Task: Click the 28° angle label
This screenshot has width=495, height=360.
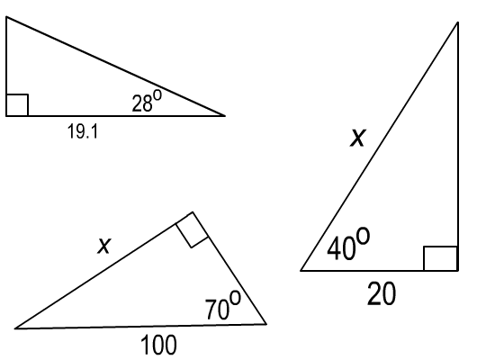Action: click(x=147, y=101)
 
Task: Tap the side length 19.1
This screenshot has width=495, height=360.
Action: click(x=83, y=131)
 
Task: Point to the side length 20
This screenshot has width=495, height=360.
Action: click(x=382, y=293)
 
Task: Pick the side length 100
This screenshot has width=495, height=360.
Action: click(x=158, y=346)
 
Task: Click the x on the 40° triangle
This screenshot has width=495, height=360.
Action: click(x=357, y=138)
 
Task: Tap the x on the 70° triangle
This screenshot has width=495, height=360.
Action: click(x=104, y=246)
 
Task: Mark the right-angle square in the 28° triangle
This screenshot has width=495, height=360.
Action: click(x=17, y=104)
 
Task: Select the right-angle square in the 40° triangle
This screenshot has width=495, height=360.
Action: click(x=441, y=258)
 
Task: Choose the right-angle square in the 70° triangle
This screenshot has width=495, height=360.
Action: click(x=192, y=229)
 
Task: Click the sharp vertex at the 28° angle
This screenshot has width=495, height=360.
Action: click(x=225, y=116)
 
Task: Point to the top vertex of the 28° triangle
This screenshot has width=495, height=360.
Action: click(x=6, y=17)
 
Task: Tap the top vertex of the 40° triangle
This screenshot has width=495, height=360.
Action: click(x=458, y=22)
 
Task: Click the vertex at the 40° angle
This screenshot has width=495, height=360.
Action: click(x=301, y=271)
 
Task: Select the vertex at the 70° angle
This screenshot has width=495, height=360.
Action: click(x=266, y=324)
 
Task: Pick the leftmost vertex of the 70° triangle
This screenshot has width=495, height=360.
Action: click(x=15, y=328)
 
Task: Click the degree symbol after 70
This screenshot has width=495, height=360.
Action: click(x=235, y=298)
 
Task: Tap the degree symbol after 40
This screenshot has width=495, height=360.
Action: click(x=363, y=236)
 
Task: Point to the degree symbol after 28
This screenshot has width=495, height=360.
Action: click(x=157, y=95)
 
